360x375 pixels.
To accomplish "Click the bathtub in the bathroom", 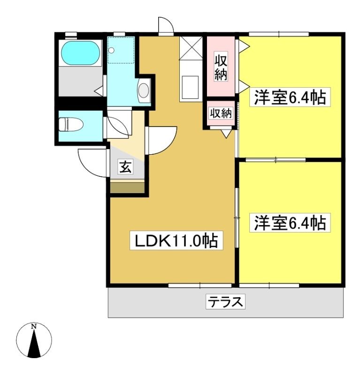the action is [x=80, y=53].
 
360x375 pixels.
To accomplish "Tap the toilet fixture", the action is [x=71, y=124].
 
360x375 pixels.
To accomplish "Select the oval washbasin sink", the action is [x=144, y=90].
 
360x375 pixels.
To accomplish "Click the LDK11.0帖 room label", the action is [x=176, y=240].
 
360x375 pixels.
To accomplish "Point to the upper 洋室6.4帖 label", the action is [x=290, y=97].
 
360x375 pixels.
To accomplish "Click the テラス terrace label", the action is [x=225, y=302].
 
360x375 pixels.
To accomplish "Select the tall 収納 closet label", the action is [x=221, y=67].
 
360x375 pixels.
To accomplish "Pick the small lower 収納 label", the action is [x=221, y=113].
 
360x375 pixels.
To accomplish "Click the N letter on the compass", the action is [x=34, y=326].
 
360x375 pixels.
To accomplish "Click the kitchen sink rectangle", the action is [x=191, y=87].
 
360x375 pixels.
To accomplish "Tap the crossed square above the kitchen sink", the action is [x=191, y=48].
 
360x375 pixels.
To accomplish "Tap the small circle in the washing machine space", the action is [x=111, y=50].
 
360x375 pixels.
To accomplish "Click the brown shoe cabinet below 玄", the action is [x=127, y=188].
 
